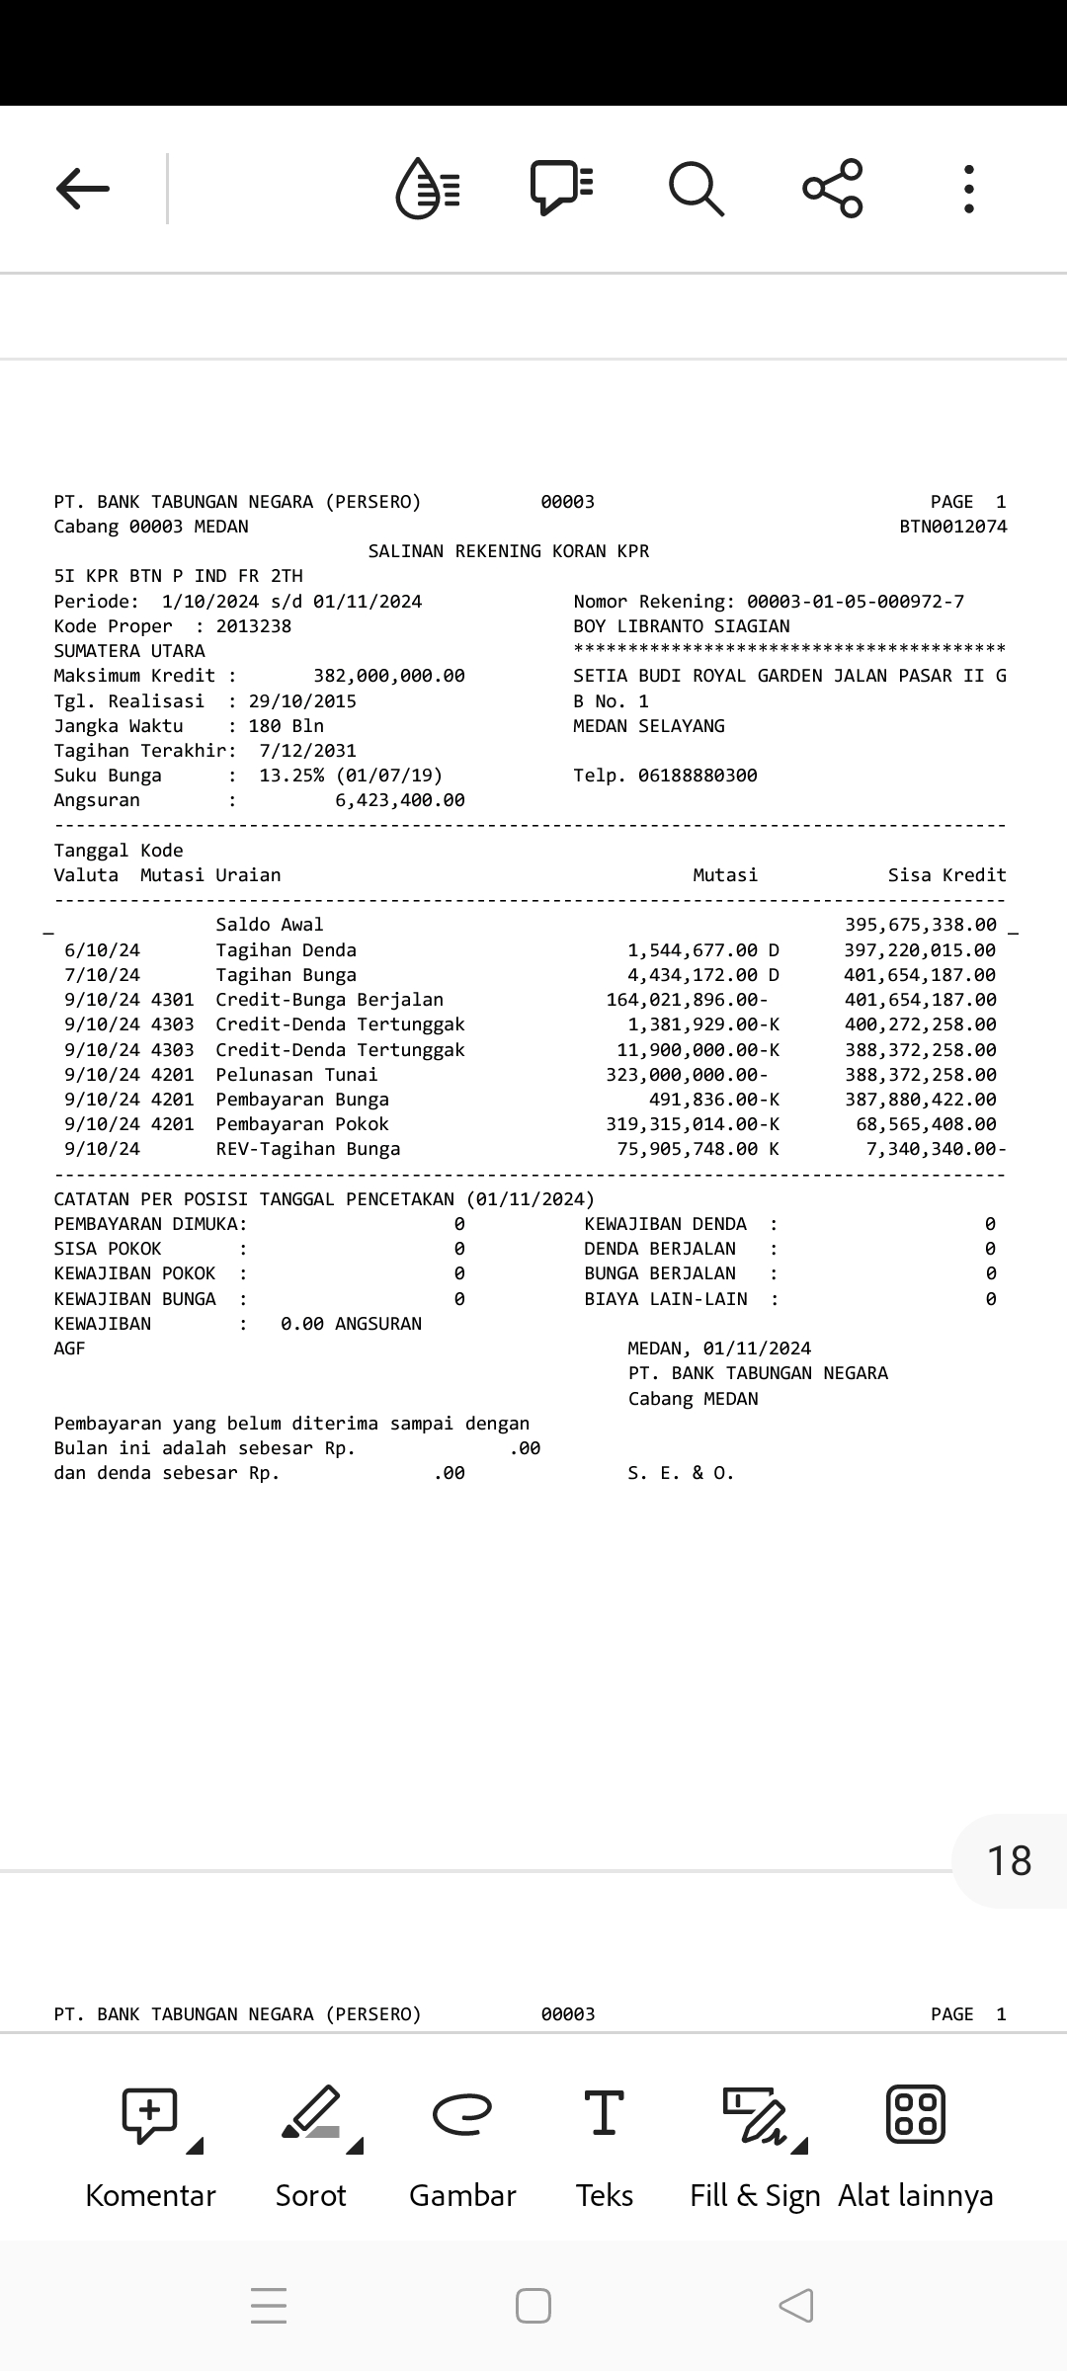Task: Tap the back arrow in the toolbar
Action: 83,188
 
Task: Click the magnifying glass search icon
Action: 697,188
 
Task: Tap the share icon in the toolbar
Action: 833,188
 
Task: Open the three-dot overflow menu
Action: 968,188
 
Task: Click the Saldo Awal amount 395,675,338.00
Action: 920,925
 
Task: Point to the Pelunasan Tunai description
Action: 296,1075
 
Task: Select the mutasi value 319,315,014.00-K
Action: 692,1124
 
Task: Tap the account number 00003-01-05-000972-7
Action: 855,602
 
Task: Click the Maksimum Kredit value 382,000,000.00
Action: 388,676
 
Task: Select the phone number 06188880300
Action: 698,776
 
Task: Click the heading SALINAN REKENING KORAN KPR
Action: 509,551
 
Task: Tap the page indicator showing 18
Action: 1009,1861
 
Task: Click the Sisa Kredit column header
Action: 946,875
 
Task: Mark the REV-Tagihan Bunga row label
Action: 308,1149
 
